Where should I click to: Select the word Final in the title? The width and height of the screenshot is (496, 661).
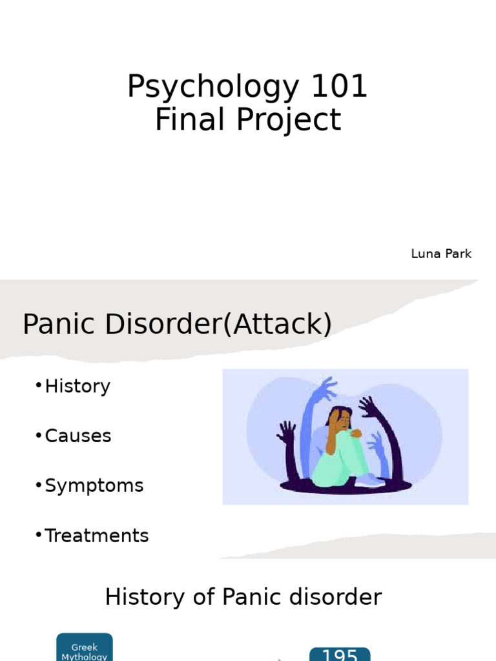click(x=180, y=120)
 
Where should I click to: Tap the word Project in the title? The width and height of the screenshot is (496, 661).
click(x=281, y=121)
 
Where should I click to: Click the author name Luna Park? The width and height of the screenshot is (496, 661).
click(x=441, y=254)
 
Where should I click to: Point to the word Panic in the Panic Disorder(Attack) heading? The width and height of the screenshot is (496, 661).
click(x=59, y=323)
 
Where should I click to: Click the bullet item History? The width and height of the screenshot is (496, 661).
click(x=77, y=386)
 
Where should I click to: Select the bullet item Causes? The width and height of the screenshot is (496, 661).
click(x=77, y=436)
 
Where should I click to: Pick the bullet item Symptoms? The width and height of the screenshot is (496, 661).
click(x=94, y=485)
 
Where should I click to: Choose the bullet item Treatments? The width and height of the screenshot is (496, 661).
click(x=96, y=535)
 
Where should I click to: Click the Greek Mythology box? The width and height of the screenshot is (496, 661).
click(x=84, y=648)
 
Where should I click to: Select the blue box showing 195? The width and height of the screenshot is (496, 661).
click(x=340, y=655)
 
